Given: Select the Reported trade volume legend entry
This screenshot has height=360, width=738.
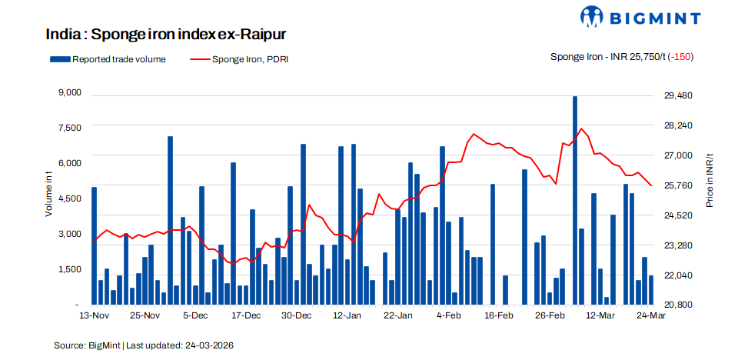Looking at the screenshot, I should pyautogui.click(x=108, y=59).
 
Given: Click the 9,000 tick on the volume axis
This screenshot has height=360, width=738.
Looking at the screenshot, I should pyautogui.click(x=69, y=93).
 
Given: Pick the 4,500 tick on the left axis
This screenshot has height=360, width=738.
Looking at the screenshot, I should pyautogui.click(x=69, y=198).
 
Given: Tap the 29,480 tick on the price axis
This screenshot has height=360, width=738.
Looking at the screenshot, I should pyautogui.click(x=678, y=95).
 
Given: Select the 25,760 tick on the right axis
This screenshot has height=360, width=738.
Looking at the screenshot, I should pyautogui.click(x=678, y=185).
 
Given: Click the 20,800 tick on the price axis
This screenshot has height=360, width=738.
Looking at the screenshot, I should pyautogui.click(x=678, y=305).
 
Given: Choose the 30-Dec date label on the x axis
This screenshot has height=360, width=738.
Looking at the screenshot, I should pyautogui.click(x=296, y=316).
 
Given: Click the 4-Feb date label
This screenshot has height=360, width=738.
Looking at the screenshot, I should pyautogui.click(x=448, y=316).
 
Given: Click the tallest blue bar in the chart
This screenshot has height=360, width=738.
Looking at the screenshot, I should pyautogui.click(x=575, y=200).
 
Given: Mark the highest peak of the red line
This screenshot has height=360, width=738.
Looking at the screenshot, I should pyautogui.click(x=581, y=128).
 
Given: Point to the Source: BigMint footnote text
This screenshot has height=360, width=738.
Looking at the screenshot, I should pyautogui.click(x=87, y=345).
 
